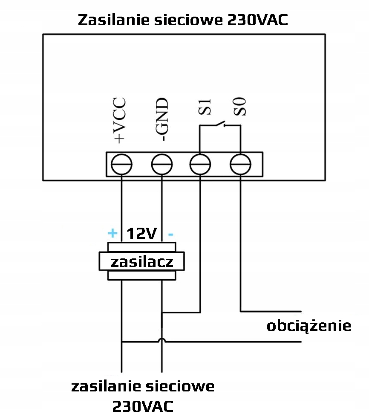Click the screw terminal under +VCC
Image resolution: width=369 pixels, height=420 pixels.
coord(121,164)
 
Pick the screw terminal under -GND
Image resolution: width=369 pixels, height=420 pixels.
coord(162,164)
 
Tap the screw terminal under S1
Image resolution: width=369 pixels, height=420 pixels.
coord(200,164)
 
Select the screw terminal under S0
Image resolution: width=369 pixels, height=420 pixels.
coord(240,164)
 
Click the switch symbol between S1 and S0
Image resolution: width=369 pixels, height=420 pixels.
coord(219,125)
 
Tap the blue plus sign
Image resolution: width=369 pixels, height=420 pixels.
coord(112,233)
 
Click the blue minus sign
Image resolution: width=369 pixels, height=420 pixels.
coord(170,234)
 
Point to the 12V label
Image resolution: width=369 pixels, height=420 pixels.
coord(142,233)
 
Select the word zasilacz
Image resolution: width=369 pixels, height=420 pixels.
coord(142,261)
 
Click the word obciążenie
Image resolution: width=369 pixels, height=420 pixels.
coord(309,326)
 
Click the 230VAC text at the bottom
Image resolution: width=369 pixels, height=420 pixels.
coord(143,406)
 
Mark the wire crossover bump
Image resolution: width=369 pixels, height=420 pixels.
coord(162,341)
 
